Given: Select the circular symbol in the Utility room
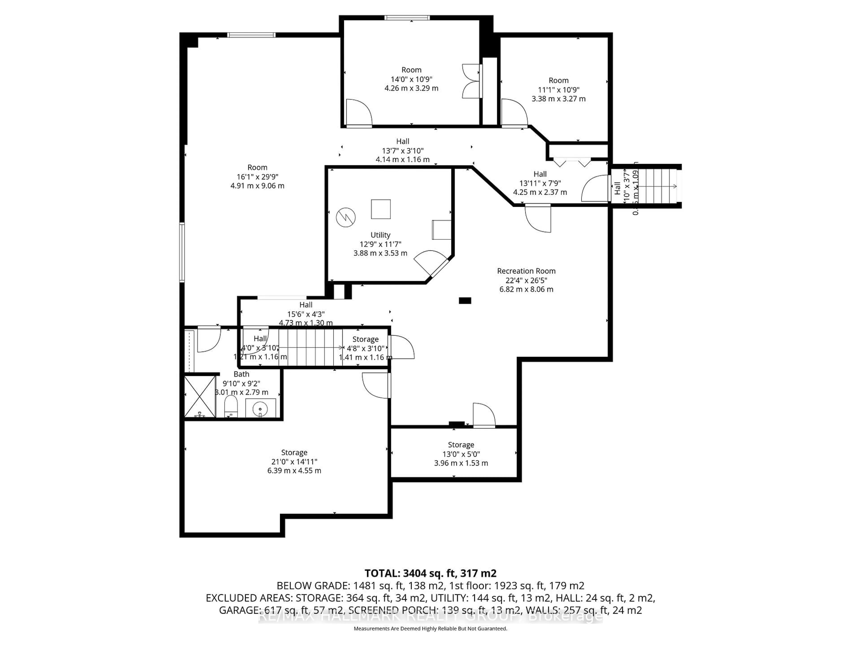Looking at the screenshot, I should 346,217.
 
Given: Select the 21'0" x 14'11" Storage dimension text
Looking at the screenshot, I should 294,461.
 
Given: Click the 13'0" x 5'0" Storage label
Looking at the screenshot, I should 461,445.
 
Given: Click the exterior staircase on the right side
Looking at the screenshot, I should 658,186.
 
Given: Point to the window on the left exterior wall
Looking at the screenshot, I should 182,252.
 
